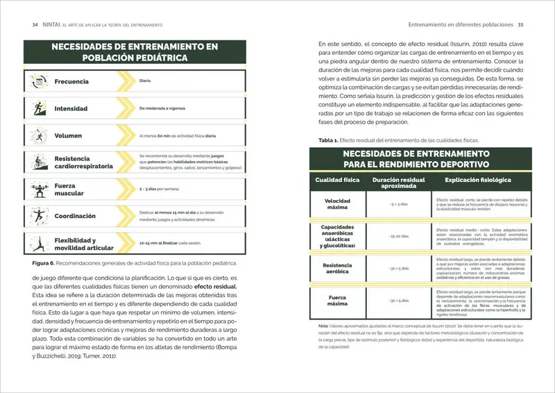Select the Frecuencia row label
pos(71,82)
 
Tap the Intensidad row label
pos(71,109)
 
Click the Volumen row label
pos(69,136)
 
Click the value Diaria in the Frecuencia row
pos(145,81)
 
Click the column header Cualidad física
pos(337,180)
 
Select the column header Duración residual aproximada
pos(398,183)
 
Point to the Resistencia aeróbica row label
pos(337,269)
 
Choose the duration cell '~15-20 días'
pos(398,237)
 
